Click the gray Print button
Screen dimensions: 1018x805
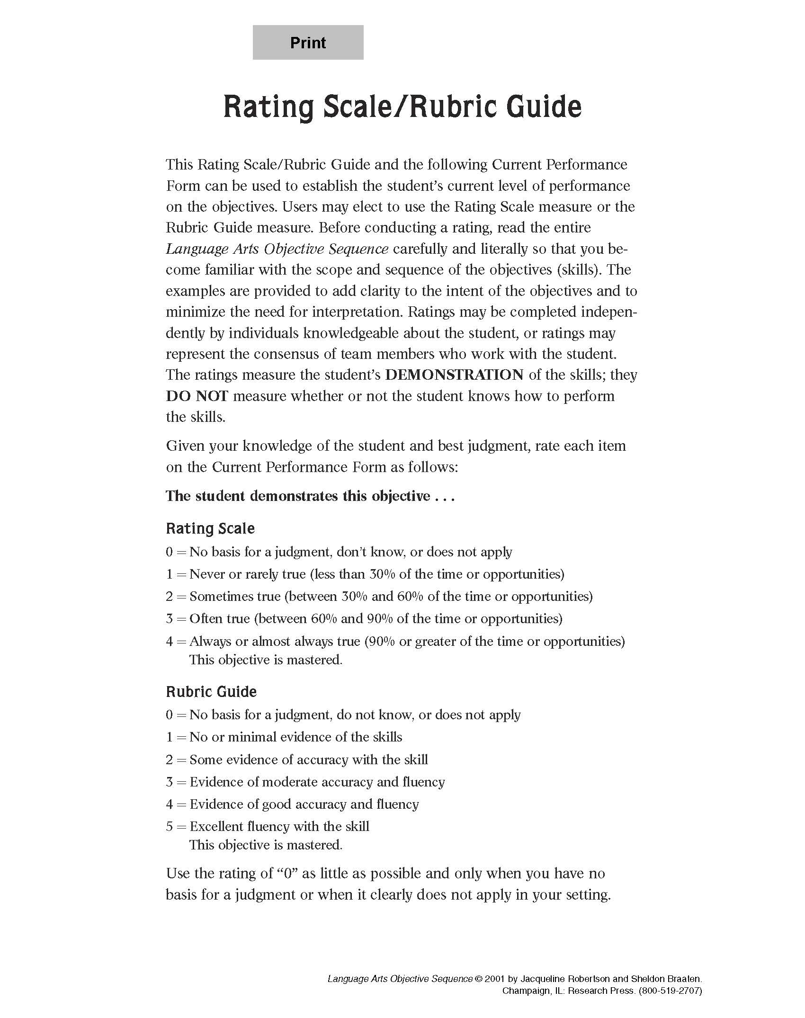coord(308,43)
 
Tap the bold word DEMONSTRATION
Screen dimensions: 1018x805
coord(454,375)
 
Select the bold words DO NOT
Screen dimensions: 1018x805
coord(197,396)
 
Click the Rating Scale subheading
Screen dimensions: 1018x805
coord(210,528)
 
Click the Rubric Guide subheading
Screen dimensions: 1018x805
coord(211,692)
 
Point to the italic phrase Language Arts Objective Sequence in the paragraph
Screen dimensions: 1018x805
coord(277,249)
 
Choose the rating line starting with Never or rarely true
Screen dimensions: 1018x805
coord(365,574)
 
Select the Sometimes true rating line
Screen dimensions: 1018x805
coord(379,597)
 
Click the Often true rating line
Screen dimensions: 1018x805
coord(364,619)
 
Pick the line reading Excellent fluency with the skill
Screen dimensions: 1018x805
coord(268,827)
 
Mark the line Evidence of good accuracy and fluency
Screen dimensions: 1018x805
coord(292,804)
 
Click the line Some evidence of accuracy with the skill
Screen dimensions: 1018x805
coord(297,760)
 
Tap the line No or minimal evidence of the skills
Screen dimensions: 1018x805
coord(284,737)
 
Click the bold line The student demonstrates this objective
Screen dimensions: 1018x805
coord(310,496)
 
